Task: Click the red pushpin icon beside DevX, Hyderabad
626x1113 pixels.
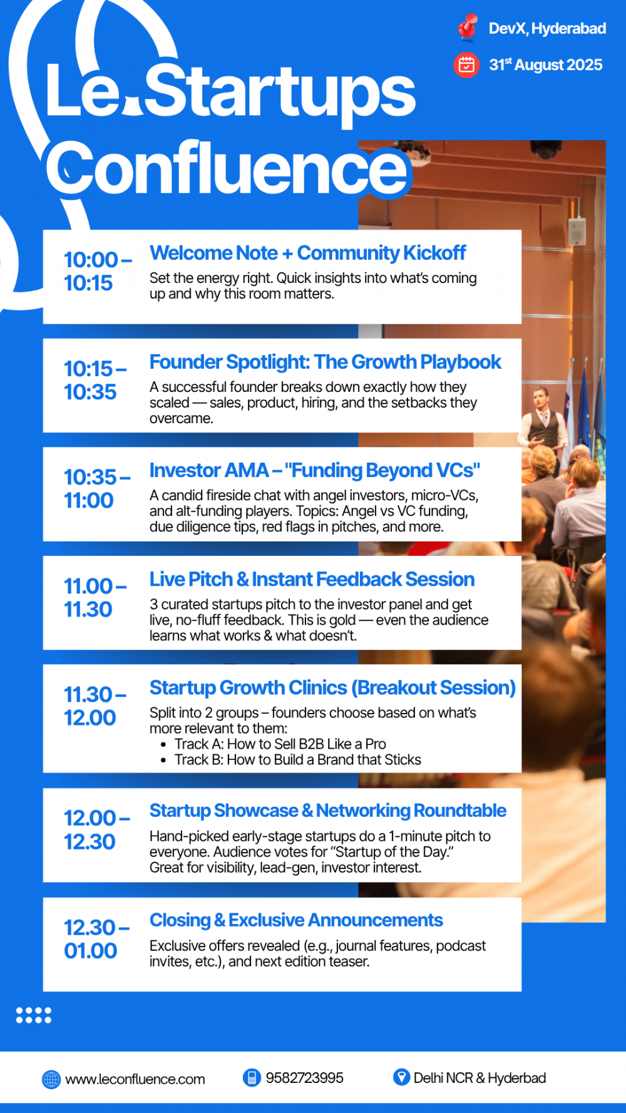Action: coord(467,28)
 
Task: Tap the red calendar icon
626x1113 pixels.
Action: coord(466,64)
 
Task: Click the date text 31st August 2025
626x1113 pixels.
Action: coord(545,64)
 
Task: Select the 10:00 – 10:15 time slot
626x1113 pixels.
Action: coord(98,271)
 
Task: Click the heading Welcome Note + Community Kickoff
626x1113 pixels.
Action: coord(307,253)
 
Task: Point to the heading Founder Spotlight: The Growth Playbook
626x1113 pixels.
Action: coord(325,362)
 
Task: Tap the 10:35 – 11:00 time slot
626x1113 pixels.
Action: coord(97,488)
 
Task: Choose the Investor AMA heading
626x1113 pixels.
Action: coord(315,470)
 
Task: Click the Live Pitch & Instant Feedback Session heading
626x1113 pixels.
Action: coord(312,579)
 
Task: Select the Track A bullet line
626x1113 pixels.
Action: coord(274,744)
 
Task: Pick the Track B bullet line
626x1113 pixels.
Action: coord(291,759)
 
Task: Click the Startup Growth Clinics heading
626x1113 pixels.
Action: coord(332,687)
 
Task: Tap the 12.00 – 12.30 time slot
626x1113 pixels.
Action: coord(97,829)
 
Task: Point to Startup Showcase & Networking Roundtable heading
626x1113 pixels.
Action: coord(328,811)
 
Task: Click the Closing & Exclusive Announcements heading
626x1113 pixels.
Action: coord(296,920)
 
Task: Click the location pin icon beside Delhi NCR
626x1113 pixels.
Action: coord(401,1077)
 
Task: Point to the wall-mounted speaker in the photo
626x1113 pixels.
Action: coord(577,231)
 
